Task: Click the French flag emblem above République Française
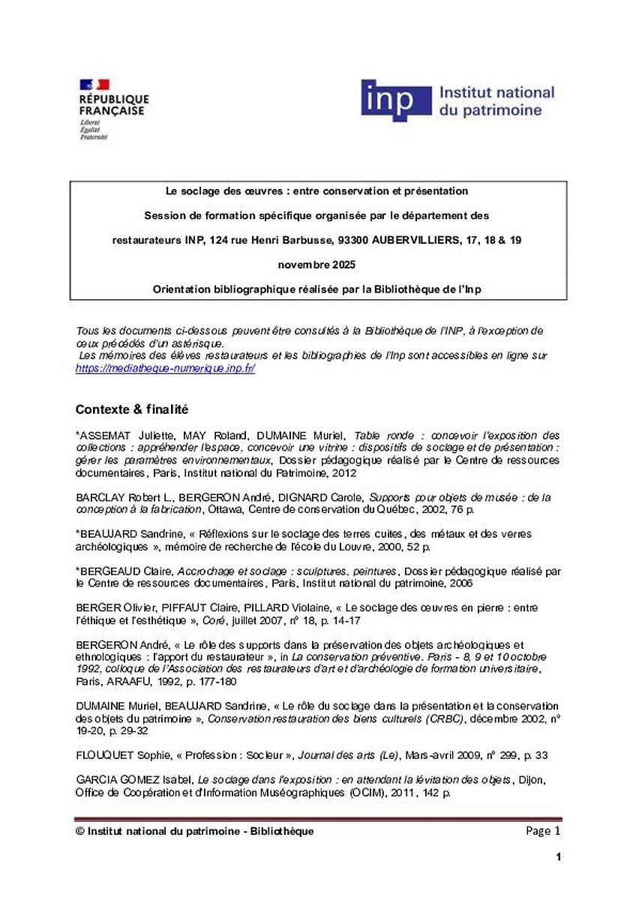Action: tap(94, 84)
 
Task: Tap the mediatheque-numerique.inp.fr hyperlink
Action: tap(166, 369)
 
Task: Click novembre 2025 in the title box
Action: tap(317, 265)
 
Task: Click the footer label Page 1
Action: tap(543, 831)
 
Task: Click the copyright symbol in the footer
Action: tap(80, 832)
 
